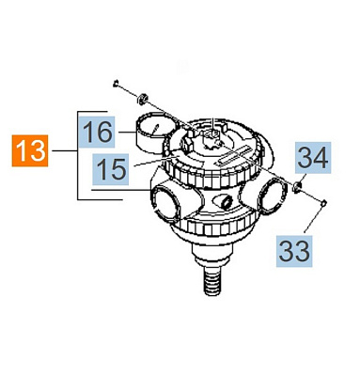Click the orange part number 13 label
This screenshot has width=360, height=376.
30,150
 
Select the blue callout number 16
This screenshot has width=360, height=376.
97,132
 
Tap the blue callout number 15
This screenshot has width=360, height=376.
110,169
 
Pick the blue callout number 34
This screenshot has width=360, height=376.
312,158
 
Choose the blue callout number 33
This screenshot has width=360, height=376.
294,251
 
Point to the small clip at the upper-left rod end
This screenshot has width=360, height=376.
116,84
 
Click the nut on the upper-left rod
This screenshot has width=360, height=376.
142,99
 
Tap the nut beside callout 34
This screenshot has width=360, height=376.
296,187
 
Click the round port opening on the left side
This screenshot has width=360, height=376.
165,204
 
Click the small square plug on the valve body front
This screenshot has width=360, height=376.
225,202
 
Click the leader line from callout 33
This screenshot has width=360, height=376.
315,219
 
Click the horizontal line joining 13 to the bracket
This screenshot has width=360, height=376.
65,151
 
